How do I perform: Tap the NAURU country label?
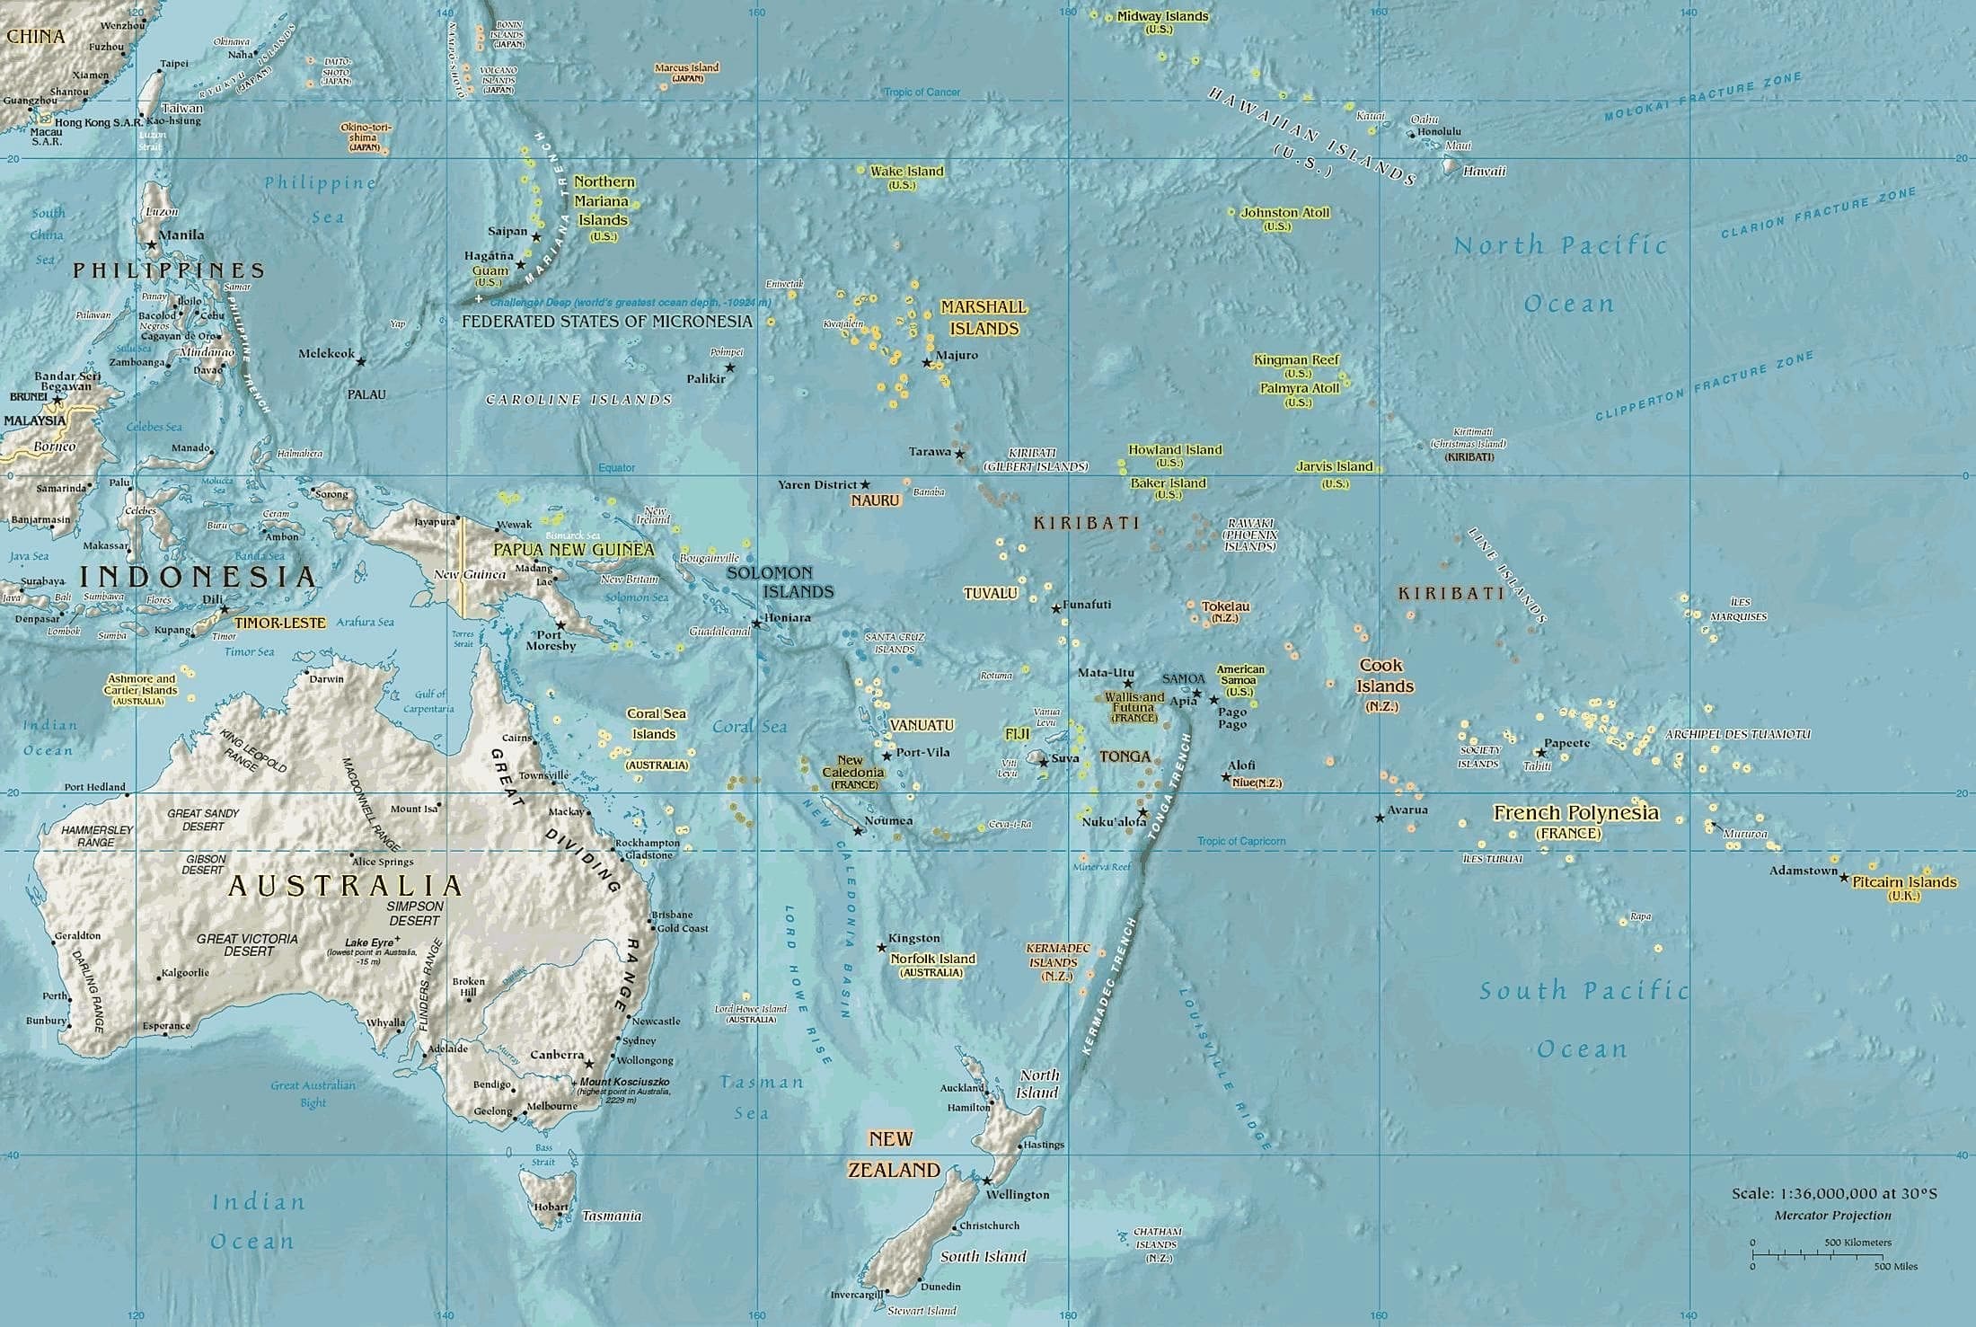tap(875, 500)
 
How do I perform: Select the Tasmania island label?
tap(612, 1216)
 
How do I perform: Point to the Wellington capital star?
tap(986, 1181)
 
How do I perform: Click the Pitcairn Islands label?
tap(1904, 882)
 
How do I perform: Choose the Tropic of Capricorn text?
tap(1240, 842)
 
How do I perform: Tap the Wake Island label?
tap(906, 172)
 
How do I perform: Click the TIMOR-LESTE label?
tap(279, 623)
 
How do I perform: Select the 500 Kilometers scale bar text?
tap(1857, 1243)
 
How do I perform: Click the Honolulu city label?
tap(1439, 132)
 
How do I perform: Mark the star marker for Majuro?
tap(927, 363)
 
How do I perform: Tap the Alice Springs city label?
tap(383, 862)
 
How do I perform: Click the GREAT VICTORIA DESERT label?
tap(247, 944)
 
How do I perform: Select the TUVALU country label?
tap(990, 594)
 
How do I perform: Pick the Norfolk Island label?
tap(932, 959)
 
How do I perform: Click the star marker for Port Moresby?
tap(561, 624)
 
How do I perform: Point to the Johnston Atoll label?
tap(1284, 213)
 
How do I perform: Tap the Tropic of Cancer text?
tap(922, 93)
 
